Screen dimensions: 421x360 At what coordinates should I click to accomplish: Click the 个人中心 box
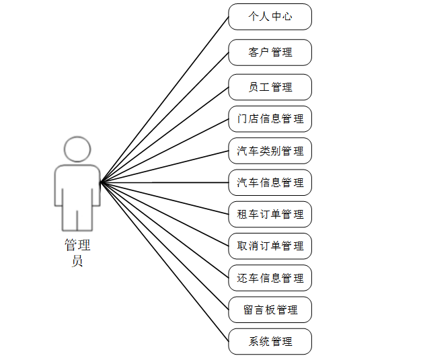click(x=270, y=17)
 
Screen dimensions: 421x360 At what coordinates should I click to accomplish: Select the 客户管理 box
click(x=270, y=52)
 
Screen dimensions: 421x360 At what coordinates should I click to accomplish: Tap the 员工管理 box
click(x=270, y=87)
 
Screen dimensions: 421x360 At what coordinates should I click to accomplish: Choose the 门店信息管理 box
click(x=270, y=119)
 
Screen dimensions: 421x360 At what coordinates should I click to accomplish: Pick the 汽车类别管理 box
click(x=270, y=151)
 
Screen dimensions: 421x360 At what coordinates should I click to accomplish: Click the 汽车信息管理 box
click(x=270, y=182)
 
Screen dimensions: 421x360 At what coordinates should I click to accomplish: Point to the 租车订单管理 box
click(x=270, y=215)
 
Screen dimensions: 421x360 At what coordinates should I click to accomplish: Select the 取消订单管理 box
click(x=270, y=246)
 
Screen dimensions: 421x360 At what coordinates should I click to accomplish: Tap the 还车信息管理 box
click(x=270, y=278)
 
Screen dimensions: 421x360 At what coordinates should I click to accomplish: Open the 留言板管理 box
click(x=270, y=310)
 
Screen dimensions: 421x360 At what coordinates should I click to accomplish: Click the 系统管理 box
click(x=270, y=342)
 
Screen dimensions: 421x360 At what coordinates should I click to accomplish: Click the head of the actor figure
click(x=77, y=149)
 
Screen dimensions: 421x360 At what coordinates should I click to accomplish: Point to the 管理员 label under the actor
click(x=77, y=253)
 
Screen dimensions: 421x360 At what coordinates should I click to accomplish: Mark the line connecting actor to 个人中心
click(x=165, y=99)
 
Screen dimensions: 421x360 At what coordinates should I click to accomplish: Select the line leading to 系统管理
click(x=165, y=262)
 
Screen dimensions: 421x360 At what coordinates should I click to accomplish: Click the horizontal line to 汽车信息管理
click(x=165, y=182)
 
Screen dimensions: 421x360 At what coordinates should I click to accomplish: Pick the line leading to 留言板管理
click(x=165, y=246)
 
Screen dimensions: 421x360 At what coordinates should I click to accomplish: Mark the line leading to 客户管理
click(x=165, y=117)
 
